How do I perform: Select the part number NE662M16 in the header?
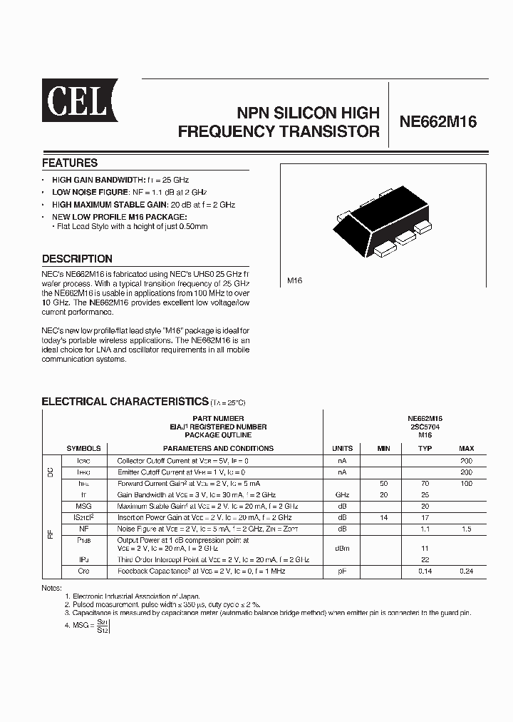tap(437, 122)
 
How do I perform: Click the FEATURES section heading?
tap(69, 163)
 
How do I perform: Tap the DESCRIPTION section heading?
tap(77, 259)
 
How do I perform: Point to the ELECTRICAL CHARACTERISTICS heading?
tap(125, 402)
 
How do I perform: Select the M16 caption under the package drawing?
tap(295, 281)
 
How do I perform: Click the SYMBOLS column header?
tap(83, 448)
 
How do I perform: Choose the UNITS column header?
tap(343, 448)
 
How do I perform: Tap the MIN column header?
tap(383, 448)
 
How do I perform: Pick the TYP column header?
tap(425, 448)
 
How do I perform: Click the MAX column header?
tap(467, 448)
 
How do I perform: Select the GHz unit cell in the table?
tap(343, 494)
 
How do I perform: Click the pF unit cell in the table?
tap(343, 571)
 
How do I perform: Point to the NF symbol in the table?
tap(83, 528)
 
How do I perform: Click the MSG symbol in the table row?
tap(83, 505)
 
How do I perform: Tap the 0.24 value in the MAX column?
tap(467, 571)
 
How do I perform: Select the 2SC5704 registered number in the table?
tap(425, 427)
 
